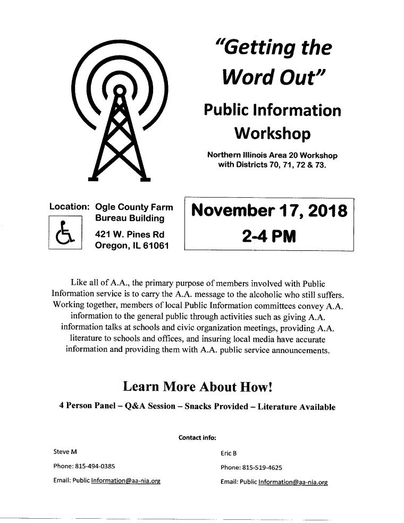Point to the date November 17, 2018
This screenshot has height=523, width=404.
coord(268,212)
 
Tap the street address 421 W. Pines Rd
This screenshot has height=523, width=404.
coord(129,234)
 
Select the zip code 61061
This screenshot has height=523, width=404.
coord(154,245)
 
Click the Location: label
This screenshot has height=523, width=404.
coord(69,207)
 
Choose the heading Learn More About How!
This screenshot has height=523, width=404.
coord(198,386)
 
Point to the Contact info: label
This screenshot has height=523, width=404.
coord(197,438)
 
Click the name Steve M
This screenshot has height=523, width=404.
coord(65,452)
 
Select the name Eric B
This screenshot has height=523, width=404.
coord(229,453)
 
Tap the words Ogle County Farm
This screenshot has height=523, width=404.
coord(133,207)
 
